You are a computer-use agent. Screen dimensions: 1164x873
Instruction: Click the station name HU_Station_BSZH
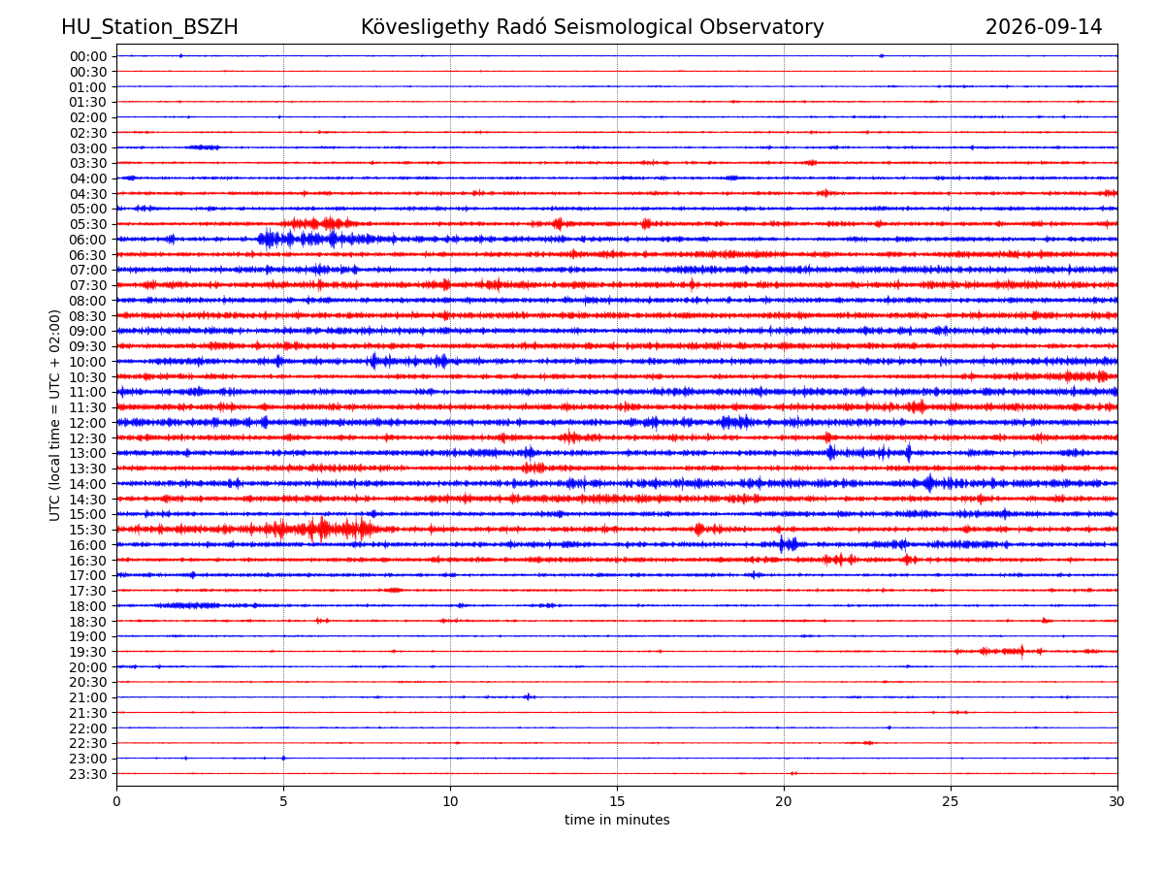[x=149, y=27]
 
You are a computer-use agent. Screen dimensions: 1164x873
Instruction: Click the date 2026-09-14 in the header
[x=1043, y=27]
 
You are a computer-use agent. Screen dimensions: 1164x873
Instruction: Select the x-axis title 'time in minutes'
[x=617, y=820]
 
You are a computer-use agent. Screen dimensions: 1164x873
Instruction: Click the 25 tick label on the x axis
[x=951, y=801]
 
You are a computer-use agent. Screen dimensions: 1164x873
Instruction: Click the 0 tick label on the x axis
[x=116, y=801]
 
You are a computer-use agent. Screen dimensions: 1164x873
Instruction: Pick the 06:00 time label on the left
[x=88, y=240]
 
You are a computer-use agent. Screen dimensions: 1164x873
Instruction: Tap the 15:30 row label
[x=88, y=530]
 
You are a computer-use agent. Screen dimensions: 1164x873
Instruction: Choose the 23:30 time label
[x=88, y=774]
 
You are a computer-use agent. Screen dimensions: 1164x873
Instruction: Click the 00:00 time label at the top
[x=88, y=56]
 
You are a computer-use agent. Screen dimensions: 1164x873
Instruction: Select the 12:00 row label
[x=88, y=423]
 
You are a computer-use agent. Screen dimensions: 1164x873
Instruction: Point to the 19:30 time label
[x=88, y=652]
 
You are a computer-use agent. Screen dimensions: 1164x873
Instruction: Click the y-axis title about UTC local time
[x=54, y=415]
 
